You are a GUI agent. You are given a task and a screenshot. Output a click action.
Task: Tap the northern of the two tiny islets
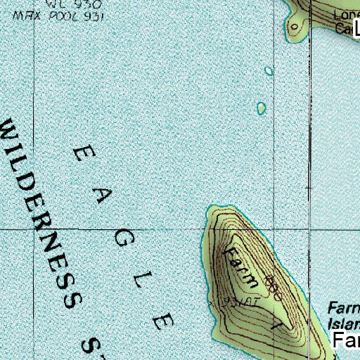tap(269, 71)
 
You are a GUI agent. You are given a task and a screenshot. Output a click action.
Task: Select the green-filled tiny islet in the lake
tap(261, 108)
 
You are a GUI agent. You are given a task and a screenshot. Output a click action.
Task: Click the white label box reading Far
tap(346, 341)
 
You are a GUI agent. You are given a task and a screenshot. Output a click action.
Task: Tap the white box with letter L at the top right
tap(356, 28)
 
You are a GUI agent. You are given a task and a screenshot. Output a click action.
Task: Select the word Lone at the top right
tap(345, 15)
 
